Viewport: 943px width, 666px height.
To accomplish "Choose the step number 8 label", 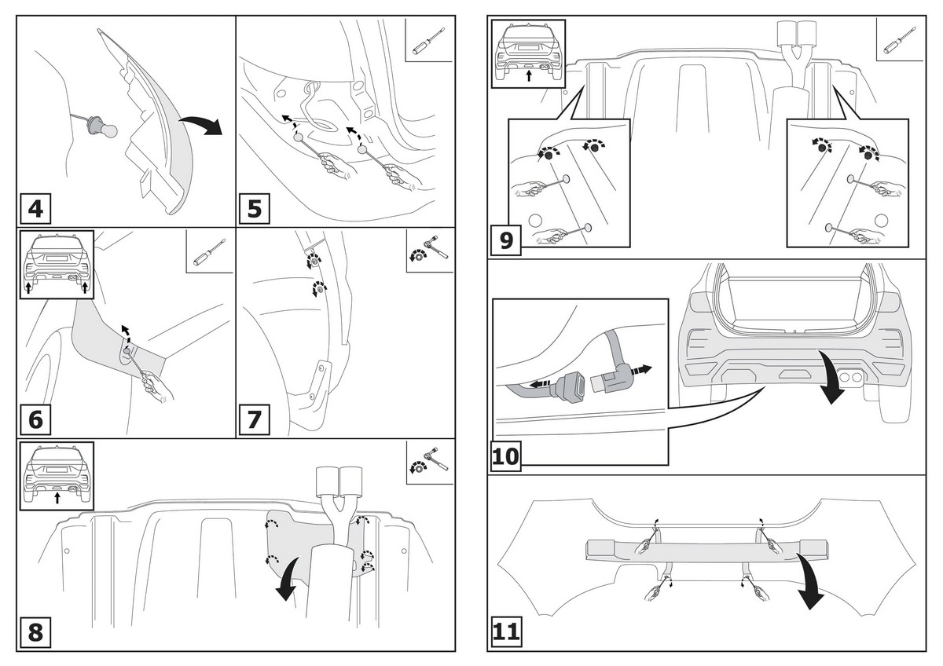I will [35, 632].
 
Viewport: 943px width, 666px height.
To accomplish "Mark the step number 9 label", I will [506, 240].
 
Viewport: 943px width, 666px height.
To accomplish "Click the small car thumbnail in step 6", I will [57, 264].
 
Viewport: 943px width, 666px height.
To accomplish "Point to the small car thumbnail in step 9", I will [528, 53].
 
